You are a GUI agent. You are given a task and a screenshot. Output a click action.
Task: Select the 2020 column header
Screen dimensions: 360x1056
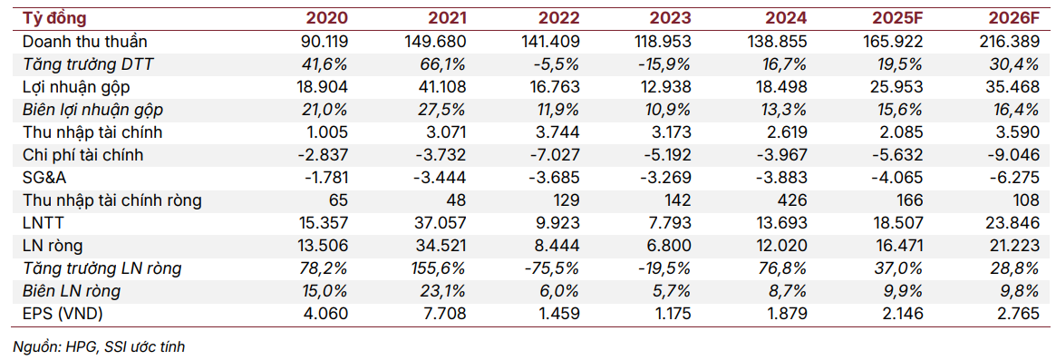(326, 18)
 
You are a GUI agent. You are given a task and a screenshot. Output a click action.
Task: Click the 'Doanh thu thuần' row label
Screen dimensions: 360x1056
(84, 42)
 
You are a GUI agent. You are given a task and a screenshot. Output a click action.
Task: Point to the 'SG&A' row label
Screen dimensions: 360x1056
(44, 178)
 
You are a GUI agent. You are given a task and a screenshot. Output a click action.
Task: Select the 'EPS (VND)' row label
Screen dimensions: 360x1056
(64, 314)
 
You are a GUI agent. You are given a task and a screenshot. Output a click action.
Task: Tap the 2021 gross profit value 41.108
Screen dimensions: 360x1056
(438, 87)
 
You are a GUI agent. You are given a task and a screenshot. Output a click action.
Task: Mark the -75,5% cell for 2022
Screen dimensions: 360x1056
(554, 268)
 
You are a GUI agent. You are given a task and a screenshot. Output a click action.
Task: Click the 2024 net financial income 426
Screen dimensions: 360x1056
(794, 200)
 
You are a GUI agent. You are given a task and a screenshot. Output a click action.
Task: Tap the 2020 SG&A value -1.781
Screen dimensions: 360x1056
(320, 178)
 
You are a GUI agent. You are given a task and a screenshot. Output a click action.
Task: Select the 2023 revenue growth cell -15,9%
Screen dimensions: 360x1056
(666, 64)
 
